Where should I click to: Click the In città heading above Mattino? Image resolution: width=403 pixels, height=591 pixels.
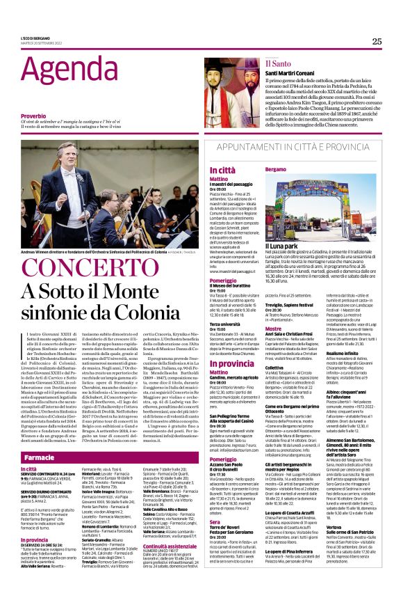[222, 170]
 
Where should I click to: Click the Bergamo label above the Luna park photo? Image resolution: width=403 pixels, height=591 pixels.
[276, 170]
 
